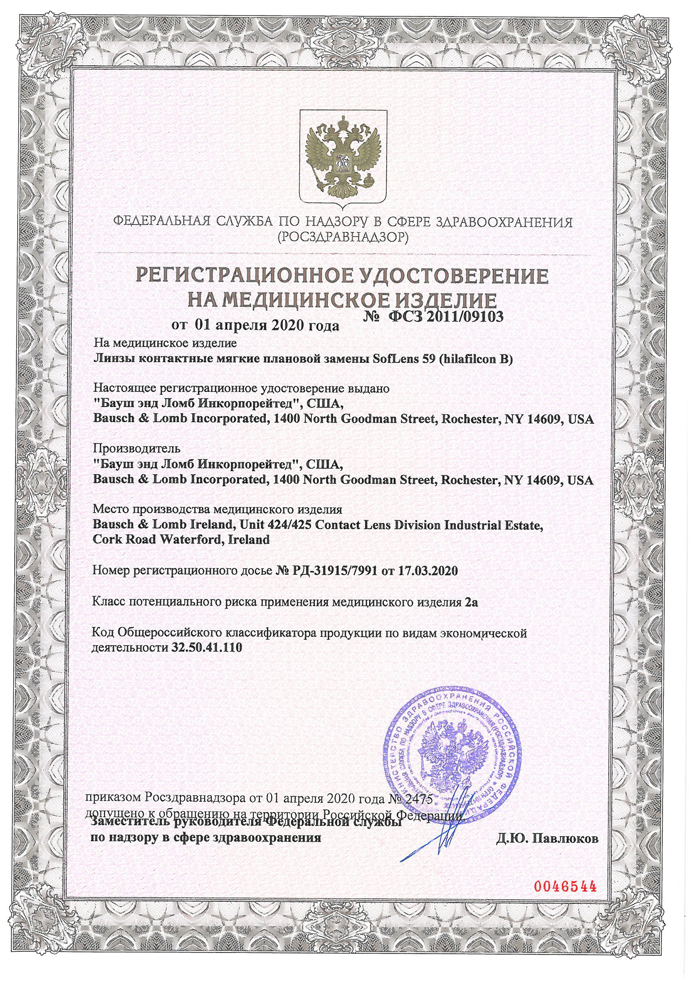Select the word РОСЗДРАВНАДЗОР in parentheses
point(343,237)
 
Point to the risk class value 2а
point(471,603)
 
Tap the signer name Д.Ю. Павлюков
point(547,838)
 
